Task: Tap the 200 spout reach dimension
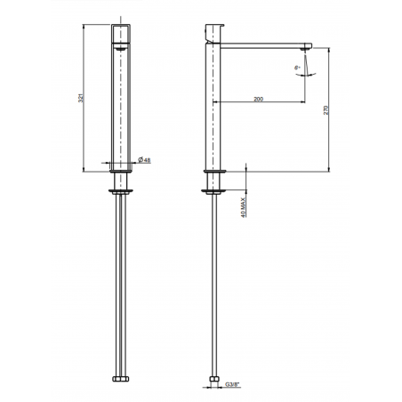(258, 99)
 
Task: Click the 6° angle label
(295, 67)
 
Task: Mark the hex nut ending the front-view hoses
(122, 379)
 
